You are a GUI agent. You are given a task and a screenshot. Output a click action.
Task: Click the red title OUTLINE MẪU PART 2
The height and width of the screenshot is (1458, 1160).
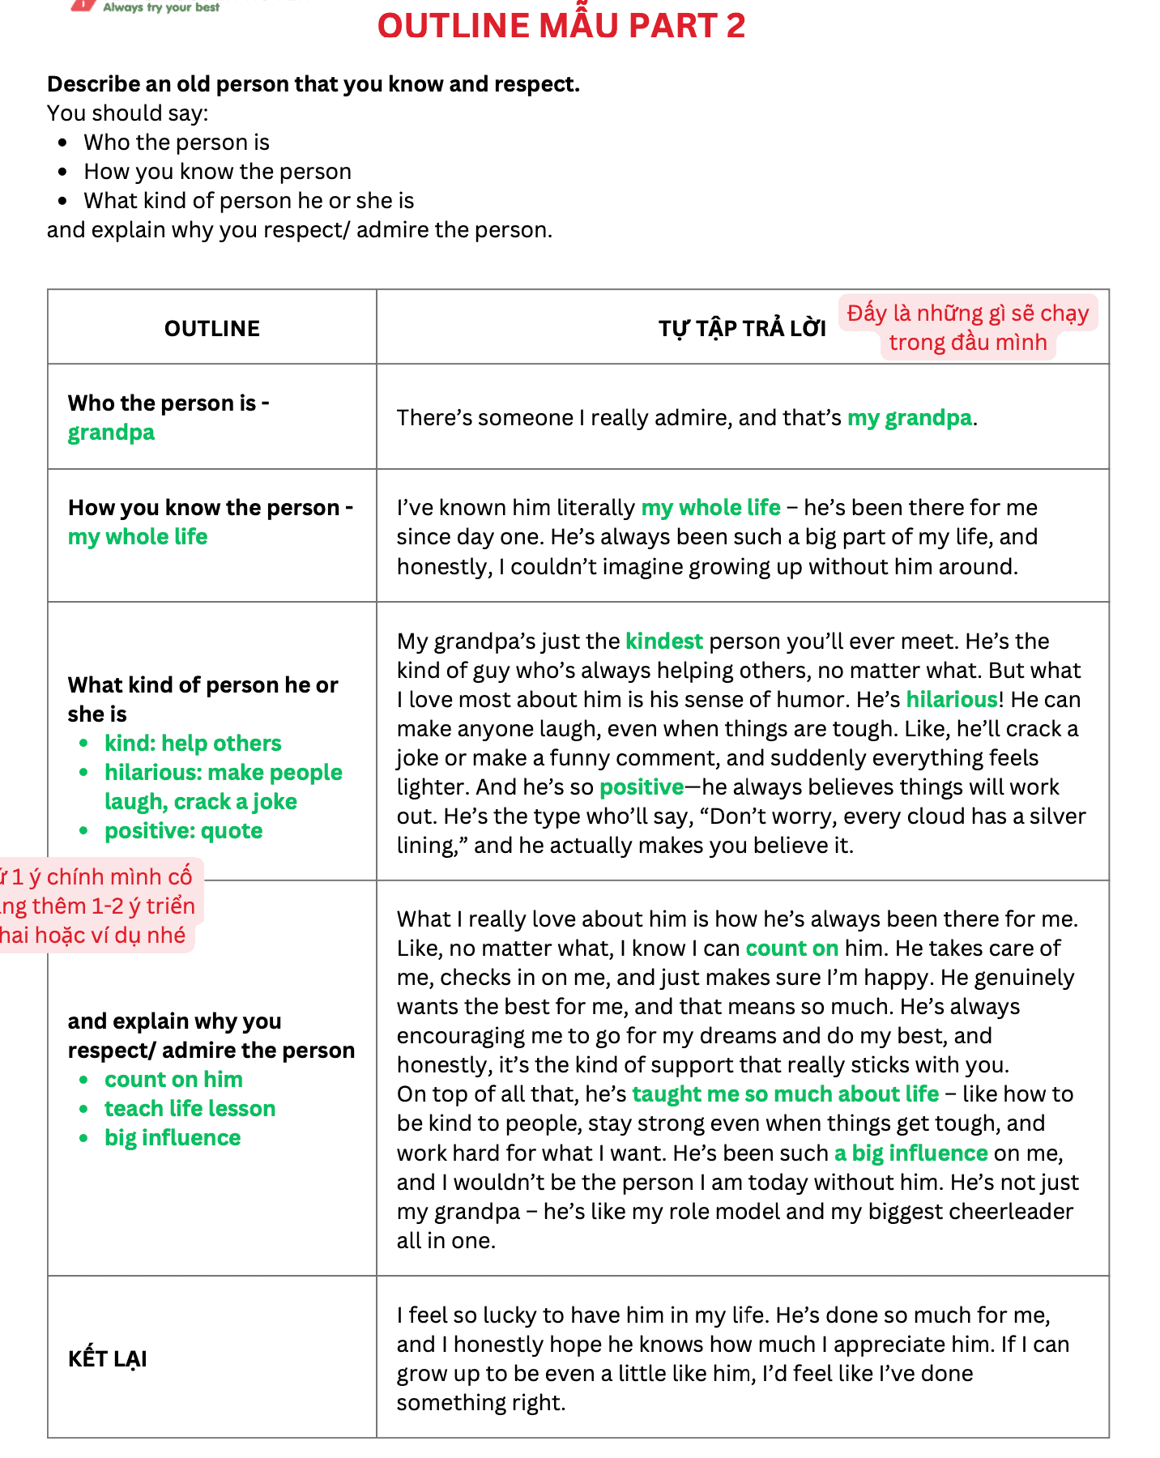[561, 26]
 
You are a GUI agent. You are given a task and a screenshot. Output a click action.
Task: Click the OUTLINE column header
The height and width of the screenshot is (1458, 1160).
[212, 328]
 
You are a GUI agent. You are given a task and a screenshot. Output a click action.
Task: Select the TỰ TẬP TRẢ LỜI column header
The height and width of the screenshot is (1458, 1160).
[741, 328]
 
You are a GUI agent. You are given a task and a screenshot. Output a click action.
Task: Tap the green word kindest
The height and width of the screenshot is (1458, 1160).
[663, 641]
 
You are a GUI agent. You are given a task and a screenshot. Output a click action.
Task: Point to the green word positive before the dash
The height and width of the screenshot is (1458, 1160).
[641, 787]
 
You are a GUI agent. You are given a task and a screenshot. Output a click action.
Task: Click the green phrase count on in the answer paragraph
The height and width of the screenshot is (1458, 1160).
[791, 948]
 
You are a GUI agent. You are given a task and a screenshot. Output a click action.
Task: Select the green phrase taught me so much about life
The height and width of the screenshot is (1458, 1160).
[785, 1093]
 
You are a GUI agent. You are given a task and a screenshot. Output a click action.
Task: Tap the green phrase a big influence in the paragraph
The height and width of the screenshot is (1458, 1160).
[911, 1153]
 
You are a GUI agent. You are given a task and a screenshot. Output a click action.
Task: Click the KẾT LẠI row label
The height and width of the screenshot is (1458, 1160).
[108, 1358]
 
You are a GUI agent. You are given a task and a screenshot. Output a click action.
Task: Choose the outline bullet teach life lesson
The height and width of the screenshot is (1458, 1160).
[190, 1108]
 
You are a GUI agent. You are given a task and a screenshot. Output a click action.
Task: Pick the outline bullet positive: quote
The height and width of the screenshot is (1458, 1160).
[183, 830]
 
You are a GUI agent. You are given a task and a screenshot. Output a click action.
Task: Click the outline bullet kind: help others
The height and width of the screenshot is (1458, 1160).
[193, 743]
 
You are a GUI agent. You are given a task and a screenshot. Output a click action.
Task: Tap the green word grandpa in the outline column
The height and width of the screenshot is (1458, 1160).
[111, 432]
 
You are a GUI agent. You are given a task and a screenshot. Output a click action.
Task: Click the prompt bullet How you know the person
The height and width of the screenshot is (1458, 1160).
[217, 171]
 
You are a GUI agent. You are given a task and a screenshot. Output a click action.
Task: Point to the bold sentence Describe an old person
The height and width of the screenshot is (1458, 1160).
[313, 83]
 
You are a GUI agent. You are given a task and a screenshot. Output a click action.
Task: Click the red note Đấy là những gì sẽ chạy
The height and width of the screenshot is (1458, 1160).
[967, 313]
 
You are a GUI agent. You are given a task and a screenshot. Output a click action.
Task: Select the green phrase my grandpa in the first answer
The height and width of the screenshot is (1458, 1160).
[909, 417]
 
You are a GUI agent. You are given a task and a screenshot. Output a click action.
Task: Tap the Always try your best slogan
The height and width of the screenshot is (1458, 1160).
[160, 7]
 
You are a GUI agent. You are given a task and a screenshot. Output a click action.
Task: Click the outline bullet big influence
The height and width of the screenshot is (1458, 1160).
[173, 1137]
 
